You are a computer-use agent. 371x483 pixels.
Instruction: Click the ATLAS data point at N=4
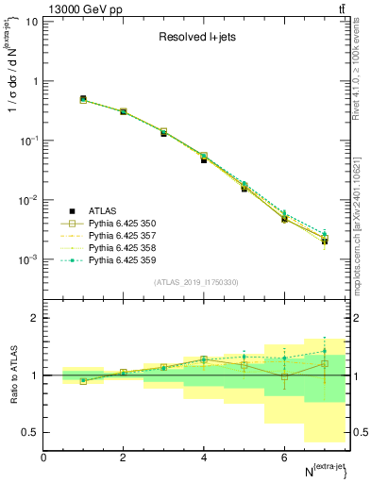click(x=204, y=159)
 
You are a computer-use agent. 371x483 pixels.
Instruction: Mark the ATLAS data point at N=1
click(x=83, y=98)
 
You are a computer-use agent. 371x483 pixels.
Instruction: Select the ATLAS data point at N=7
click(x=325, y=241)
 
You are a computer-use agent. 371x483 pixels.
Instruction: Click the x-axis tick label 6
click(x=284, y=458)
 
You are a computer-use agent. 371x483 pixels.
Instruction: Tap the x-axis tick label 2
click(x=124, y=458)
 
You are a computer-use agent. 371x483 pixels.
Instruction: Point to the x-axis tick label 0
click(x=43, y=458)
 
